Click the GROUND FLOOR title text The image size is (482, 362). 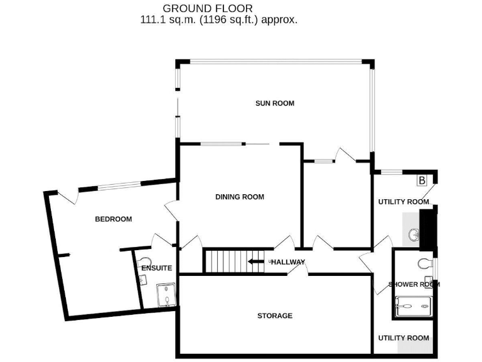[208, 8]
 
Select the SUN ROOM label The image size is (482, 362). [274, 103]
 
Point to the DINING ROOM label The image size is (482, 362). [240, 197]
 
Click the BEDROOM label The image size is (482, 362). [113, 219]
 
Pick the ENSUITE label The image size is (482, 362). [156, 268]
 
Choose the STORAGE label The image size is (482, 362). [274, 315]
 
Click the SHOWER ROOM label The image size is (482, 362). [414, 284]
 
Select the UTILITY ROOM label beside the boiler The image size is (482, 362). [403, 202]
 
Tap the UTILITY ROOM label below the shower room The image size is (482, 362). [404, 338]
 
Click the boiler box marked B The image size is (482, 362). [422, 180]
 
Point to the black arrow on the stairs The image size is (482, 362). [256, 261]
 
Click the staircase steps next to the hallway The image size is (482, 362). [223, 261]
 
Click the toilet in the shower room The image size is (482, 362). [424, 263]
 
